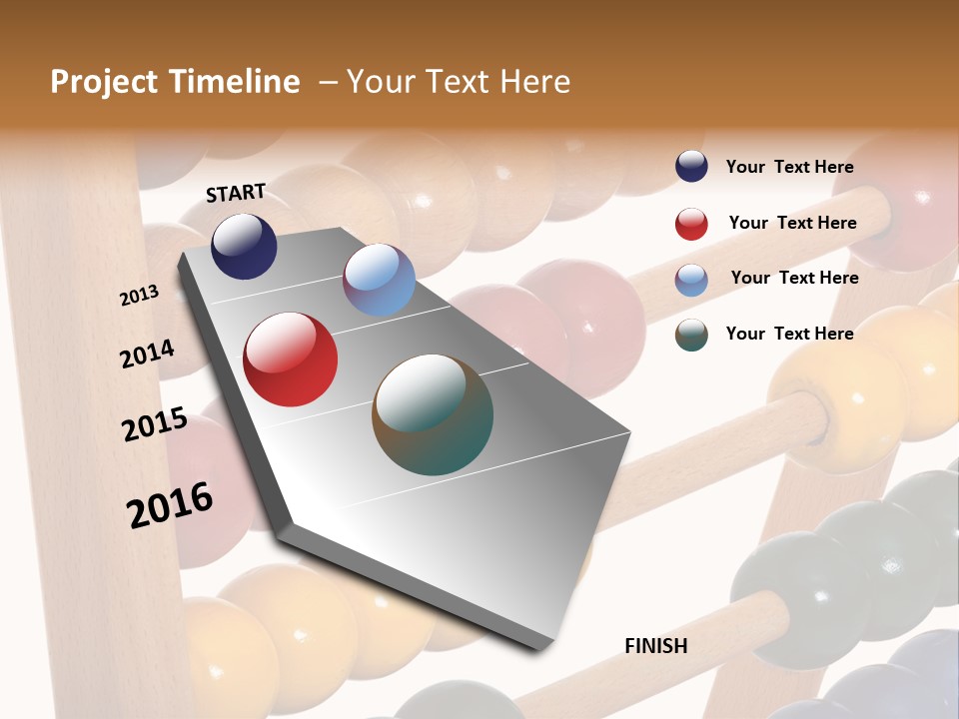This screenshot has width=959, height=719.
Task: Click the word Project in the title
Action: [x=103, y=82]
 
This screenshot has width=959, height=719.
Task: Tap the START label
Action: [x=236, y=193]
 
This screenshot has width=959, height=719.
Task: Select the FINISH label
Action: [x=656, y=646]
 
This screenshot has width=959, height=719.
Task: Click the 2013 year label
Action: [x=139, y=296]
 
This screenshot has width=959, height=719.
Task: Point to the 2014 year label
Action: [x=147, y=354]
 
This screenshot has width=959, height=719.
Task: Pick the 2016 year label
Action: [x=170, y=504]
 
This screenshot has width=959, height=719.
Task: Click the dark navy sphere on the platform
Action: [x=244, y=246]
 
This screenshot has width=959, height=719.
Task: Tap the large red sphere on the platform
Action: [x=291, y=359]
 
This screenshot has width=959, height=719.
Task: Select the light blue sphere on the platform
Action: [x=379, y=280]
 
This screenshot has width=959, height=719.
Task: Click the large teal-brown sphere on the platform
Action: [x=433, y=414]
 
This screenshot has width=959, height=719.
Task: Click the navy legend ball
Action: [x=691, y=167]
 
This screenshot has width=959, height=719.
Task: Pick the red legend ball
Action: [x=691, y=224]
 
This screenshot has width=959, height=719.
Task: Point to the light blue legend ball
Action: [x=691, y=280]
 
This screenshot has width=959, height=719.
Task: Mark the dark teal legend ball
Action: [x=691, y=335]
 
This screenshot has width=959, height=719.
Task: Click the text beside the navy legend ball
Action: [x=789, y=168]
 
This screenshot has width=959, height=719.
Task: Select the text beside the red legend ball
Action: [x=792, y=223]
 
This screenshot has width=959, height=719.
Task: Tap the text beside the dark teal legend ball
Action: [x=789, y=334]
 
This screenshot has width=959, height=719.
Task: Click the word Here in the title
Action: [x=534, y=82]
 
